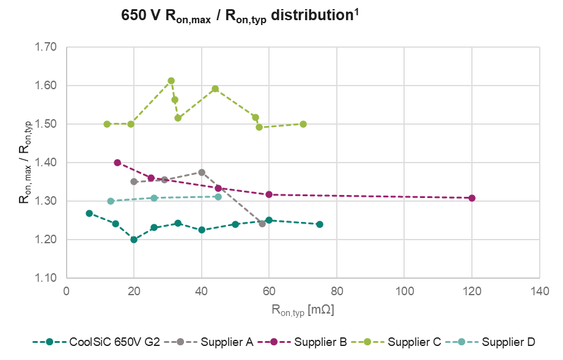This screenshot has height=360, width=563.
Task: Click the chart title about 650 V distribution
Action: pyautogui.click(x=240, y=17)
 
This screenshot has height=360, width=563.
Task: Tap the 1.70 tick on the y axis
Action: pyautogui.click(x=46, y=47)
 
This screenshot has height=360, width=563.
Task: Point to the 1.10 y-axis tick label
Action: pyautogui.click(x=46, y=278)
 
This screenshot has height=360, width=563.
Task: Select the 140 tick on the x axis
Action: pyautogui.click(x=539, y=290)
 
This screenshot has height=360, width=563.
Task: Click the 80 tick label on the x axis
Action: pyautogui.click(x=336, y=290)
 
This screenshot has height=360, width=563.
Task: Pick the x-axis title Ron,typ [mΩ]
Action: pyautogui.click(x=303, y=310)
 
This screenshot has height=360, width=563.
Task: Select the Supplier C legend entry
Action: pyautogui.click(x=414, y=342)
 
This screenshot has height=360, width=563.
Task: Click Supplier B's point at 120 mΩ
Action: pyautogui.click(x=471, y=198)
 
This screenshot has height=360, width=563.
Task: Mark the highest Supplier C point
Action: pyautogui.click(x=171, y=81)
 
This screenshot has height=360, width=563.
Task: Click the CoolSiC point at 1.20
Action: pyautogui.click(x=134, y=240)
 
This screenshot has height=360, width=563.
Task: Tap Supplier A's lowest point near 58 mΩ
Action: pyautogui.click(x=262, y=224)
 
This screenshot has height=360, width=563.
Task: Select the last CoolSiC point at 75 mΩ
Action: pyautogui.click(x=319, y=224)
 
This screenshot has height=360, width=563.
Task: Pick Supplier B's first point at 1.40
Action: pyautogui.click(x=117, y=163)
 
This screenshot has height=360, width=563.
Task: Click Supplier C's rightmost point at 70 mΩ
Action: pyautogui.click(x=303, y=124)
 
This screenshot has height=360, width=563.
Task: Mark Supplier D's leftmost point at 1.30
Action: pyautogui.click(x=111, y=201)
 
